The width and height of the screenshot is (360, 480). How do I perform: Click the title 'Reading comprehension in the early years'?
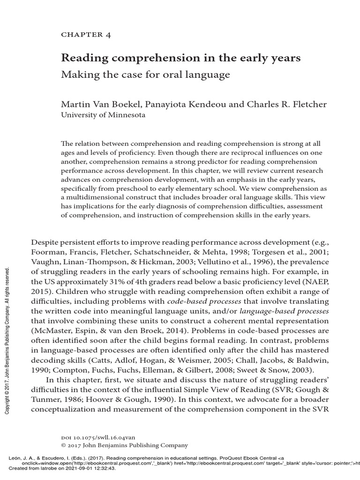point(181,58)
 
